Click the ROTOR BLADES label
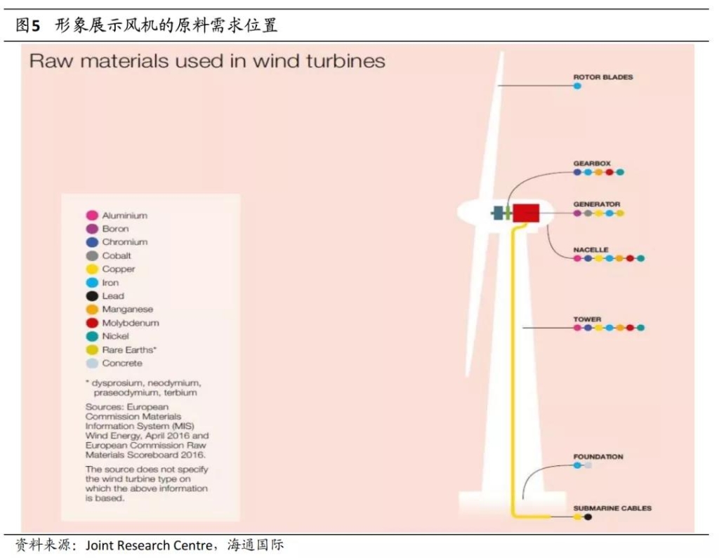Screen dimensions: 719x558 coord(603,77)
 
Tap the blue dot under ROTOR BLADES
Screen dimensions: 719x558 coord(577,86)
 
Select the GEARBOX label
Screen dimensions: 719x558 coord(592,164)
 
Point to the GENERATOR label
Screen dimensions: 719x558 coord(597,204)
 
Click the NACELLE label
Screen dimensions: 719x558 coord(591,249)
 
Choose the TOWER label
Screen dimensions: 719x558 coord(587,319)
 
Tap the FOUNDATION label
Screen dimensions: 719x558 coord(598,457)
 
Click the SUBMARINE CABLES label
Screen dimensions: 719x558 coord(612,508)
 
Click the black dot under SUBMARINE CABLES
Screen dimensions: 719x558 coord(588,517)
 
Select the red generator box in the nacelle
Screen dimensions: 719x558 coord(526,213)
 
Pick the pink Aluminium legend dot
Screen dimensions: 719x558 coord(92,215)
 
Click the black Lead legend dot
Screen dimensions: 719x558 coord(92,296)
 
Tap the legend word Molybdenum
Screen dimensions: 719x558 coord(131,323)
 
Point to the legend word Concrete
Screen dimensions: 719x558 coord(122,363)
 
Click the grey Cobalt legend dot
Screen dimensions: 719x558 coord(92,256)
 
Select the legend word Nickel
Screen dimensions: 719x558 coord(116,336)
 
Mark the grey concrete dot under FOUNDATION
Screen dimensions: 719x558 coord(588,465)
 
